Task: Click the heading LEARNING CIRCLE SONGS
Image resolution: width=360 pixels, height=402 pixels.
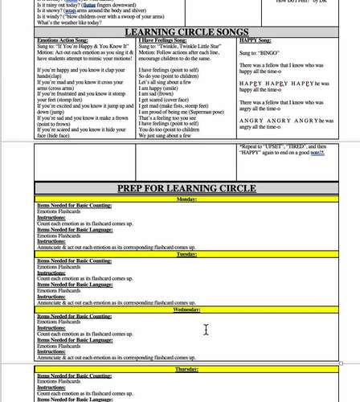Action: click(187, 32)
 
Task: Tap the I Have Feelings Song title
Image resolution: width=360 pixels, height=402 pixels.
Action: click(164, 40)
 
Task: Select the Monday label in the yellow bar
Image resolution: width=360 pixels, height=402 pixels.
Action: click(186, 199)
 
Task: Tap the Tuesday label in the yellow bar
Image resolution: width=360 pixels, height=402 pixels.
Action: click(186, 254)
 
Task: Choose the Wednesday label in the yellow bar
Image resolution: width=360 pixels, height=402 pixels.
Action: click(186, 310)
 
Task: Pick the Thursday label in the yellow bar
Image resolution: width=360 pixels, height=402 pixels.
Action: click(186, 369)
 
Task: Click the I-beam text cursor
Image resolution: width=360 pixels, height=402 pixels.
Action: click(206, 330)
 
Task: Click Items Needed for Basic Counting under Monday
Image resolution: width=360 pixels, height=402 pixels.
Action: click(75, 205)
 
